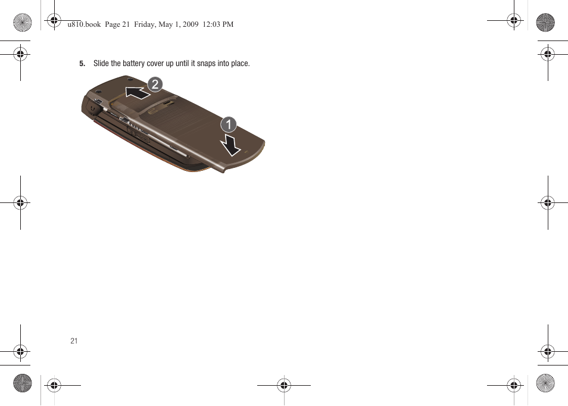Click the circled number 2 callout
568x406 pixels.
155,85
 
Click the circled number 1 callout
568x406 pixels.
229,124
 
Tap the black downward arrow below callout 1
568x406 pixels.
230,145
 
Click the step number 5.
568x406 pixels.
83,64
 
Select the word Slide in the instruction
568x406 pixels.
101,64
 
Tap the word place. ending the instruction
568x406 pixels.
240,64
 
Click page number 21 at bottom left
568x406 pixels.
74,341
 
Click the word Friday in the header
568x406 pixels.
146,24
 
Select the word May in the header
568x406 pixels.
168,24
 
